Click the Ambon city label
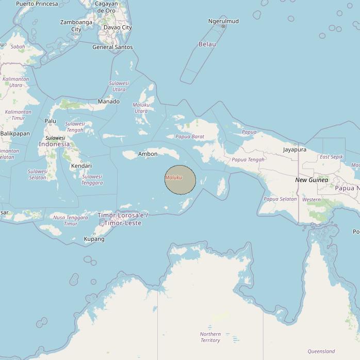point(148,154)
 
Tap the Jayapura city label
point(294,150)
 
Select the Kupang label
point(94,239)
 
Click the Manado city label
point(109,101)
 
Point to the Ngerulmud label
point(223,21)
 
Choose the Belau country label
point(207,44)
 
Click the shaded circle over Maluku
point(180,180)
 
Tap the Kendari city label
point(81,166)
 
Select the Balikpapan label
point(15,134)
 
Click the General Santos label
point(112,47)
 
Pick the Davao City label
point(118,27)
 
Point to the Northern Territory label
point(210,337)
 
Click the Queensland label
point(321,351)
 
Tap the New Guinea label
point(312,180)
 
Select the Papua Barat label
point(190,137)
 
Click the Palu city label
point(51,121)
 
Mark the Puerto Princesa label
point(37,4)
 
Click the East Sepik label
point(331,157)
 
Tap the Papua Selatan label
point(280,199)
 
